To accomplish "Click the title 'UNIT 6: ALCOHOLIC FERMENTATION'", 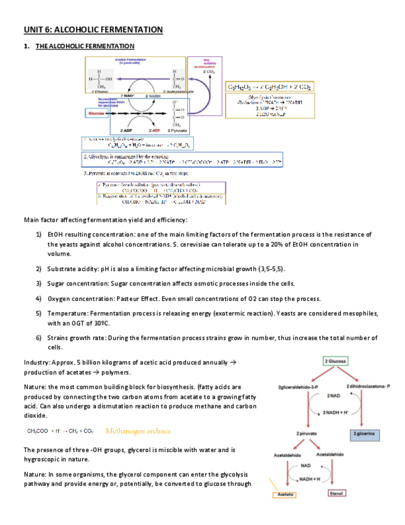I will click(93, 30).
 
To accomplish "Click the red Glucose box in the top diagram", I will click(96, 114).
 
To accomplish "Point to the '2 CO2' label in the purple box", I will click(208, 72).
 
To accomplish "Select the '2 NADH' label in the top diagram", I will click(155, 97).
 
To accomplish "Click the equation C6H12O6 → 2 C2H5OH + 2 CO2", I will click(270, 87).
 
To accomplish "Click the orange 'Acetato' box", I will click(286, 495).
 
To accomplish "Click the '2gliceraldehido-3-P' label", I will click(299, 386).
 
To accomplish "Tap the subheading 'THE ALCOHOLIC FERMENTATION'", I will click(85, 46).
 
